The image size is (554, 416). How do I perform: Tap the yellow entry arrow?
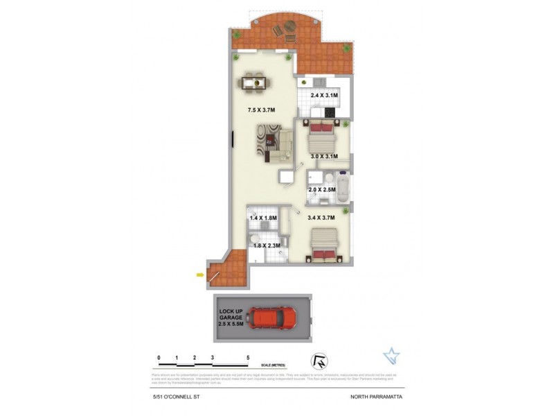pyautogui.click(x=200, y=275)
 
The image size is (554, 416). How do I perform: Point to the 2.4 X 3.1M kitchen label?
pyautogui.click(x=323, y=95)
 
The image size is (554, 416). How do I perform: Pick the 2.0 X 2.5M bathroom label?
pyautogui.click(x=322, y=189)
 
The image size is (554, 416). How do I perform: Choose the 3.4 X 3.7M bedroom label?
pyautogui.click(x=321, y=218)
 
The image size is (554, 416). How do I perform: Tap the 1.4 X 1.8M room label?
pyautogui.click(x=262, y=218)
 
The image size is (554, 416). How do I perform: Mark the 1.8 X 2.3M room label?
pyautogui.click(x=266, y=245)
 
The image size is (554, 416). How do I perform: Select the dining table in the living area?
pyautogui.click(x=254, y=84)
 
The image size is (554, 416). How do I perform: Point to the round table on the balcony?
pyautogui.click(x=288, y=29)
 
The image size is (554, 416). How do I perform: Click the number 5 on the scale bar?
pyautogui.click(x=248, y=358)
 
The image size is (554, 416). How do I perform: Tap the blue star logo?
pyautogui.click(x=391, y=356)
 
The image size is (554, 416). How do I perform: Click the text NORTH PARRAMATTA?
pyautogui.click(x=375, y=396)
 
